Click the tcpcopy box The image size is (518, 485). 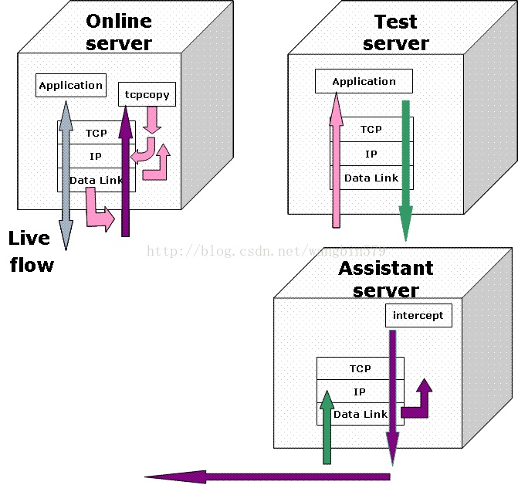(x=147, y=94)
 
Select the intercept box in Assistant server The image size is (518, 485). (x=418, y=315)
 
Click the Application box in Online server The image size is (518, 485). (x=70, y=85)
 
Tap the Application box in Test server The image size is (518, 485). (x=364, y=81)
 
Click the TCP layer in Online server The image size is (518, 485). (x=96, y=133)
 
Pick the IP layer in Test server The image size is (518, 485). (x=371, y=154)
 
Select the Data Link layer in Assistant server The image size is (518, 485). (x=360, y=414)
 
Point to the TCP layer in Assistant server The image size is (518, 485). (x=360, y=368)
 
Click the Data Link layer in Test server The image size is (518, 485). (x=371, y=178)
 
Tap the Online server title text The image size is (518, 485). (x=119, y=32)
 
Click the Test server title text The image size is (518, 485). (x=396, y=32)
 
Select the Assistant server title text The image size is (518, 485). (x=386, y=279)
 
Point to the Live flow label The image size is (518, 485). (x=32, y=251)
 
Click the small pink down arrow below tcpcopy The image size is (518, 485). (x=152, y=118)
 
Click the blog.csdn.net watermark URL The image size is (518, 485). (x=266, y=251)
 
